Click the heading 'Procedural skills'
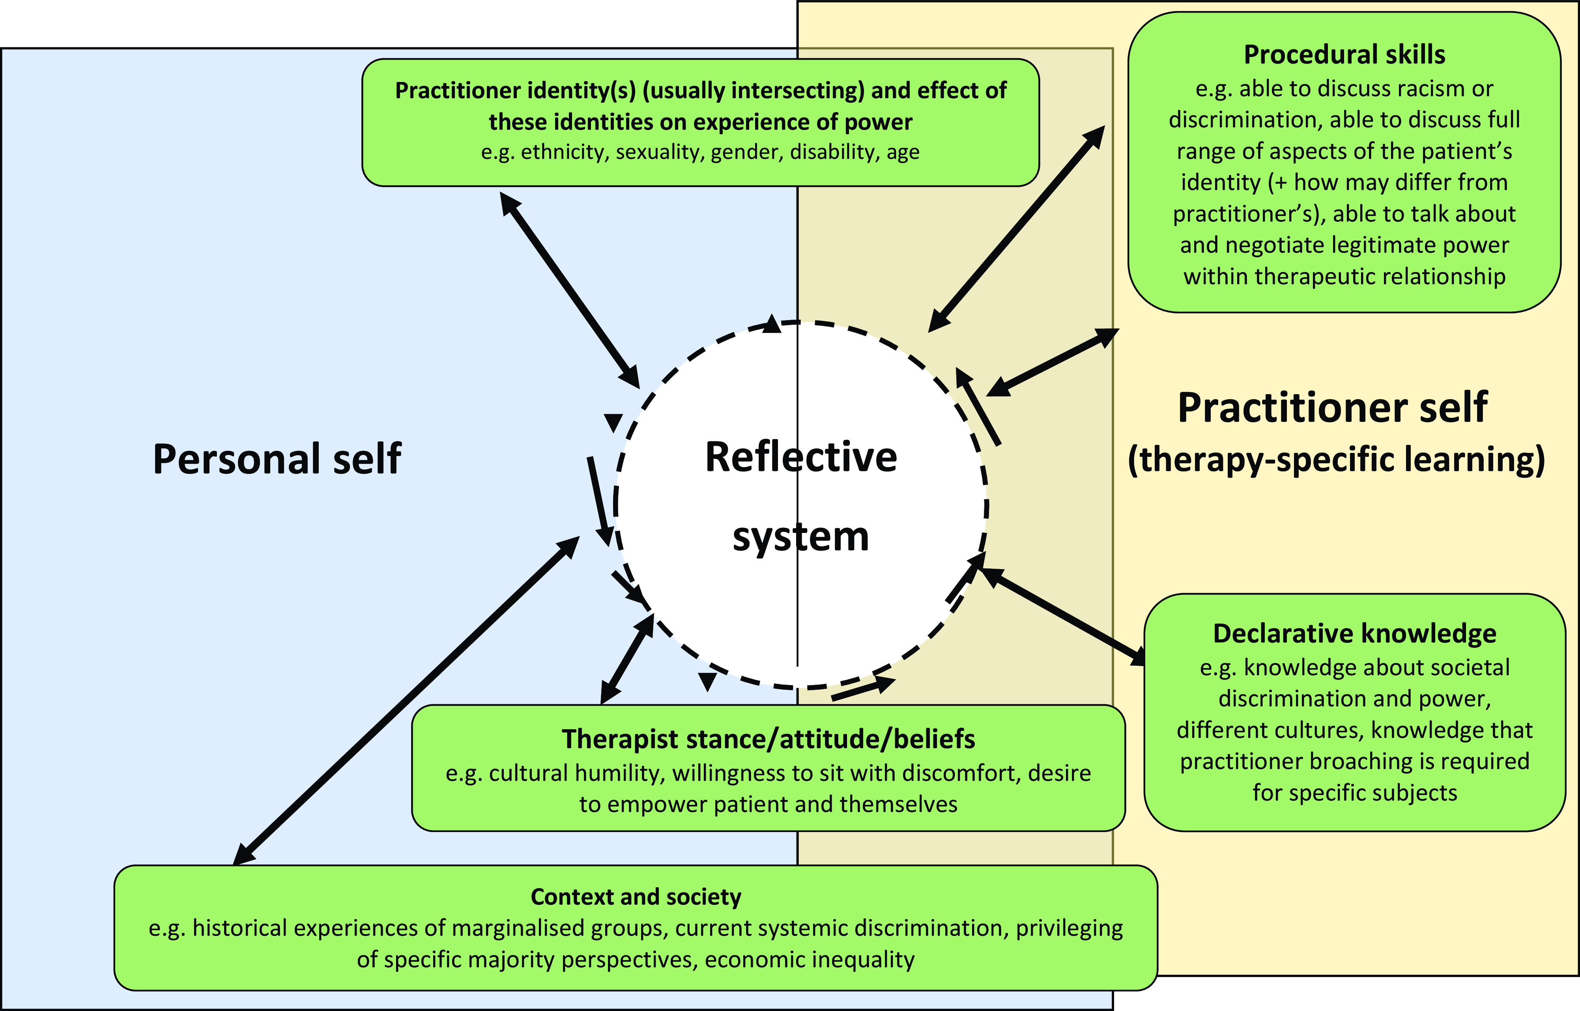(1344, 54)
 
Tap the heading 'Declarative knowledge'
(1355, 633)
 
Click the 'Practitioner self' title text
(1332, 407)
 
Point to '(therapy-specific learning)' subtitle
(1336, 460)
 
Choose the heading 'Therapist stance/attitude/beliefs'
(768, 739)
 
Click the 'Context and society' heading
(636, 897)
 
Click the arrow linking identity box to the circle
(570, 290)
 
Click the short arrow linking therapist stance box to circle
(627, 659)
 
